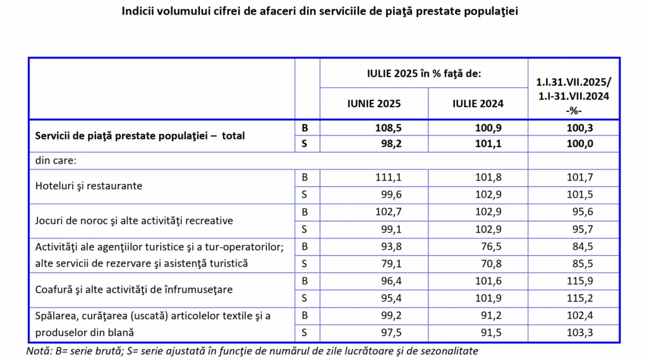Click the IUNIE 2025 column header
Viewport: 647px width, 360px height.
pyautogui.click(x=373, y=104)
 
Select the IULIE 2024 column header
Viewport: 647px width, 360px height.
pyautogui.click(x=478, y=104)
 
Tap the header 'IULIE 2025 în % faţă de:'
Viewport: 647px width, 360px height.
pyautogui.click(x=424, y=74)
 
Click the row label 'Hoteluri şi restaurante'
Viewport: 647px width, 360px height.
pyautogui.click(x=89, y=186)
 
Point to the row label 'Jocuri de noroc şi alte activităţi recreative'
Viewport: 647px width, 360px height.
pyautogui.click(x=135, y=220)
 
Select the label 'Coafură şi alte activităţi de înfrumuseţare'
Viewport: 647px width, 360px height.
pyautogui.click(x=135, y=289)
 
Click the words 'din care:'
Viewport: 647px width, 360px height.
pyautogui.click(x=56, y=160)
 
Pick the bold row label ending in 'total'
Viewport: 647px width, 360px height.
pyautogui.click(x=140, y=136)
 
